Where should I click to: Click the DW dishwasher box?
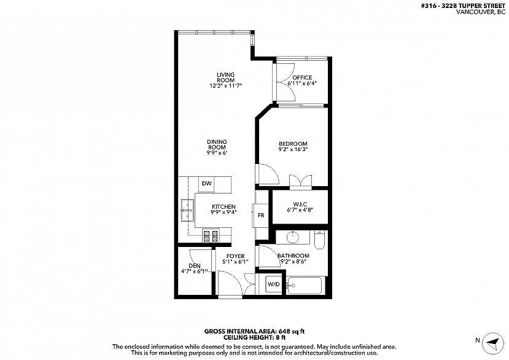tap(207, 184)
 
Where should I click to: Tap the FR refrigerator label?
tap(261, 215)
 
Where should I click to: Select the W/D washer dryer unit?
tap(273, 284)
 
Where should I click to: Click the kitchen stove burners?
tap(211, 236)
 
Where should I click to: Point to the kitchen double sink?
tap(187, 210)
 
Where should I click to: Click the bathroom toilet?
tap(319, 240)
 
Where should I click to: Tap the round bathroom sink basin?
tap(293, 237)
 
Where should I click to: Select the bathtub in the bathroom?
tap(305, 286)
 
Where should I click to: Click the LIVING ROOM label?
tap(225, 77)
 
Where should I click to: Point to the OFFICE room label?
tap(302, 77)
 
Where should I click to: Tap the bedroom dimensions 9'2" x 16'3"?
tap(293, 149)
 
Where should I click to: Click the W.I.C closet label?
tap(300, 205)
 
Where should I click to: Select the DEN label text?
tap(195, 266)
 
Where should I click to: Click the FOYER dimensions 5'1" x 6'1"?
tap(235, 262)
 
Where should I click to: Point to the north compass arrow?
tap(493, 343)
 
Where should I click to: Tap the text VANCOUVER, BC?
tap(481, 12)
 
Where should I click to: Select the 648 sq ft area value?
tap(291, 332)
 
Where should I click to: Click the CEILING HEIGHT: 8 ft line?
tap(254, 338)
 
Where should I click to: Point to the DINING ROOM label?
tap(217, 144)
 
